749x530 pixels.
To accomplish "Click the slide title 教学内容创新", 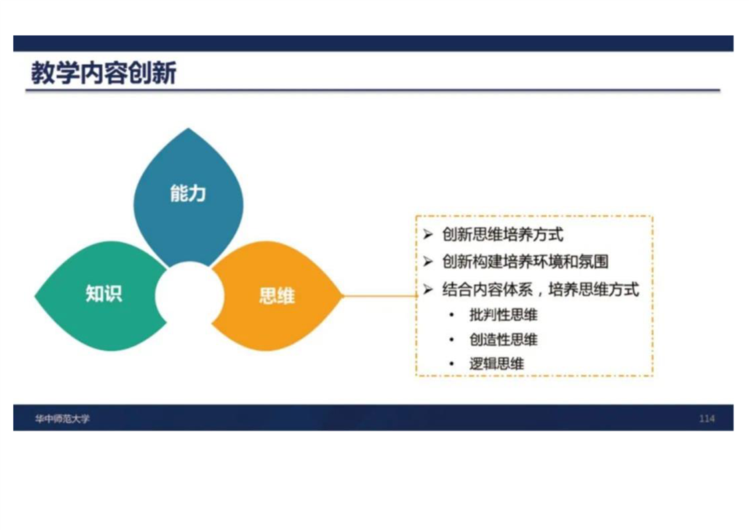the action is pyautogui.click(x=103, y=73).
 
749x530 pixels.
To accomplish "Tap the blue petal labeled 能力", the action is pyautogui.click(x=188, y=196).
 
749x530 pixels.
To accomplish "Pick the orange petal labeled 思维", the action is pyautogui.click(x=277, y=295).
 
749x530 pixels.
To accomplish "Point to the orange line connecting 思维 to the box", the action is pyautogui.click(x=381, y=296).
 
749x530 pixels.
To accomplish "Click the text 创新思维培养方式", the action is pyautogui.click(x=503, y=235).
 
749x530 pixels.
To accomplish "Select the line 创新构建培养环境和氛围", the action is pyautogui.click(x=525, y=261).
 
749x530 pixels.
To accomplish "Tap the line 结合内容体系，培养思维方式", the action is pyautogui.click(x=540, y=289).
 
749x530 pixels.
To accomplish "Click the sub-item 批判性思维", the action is pyautogui.click(x=503, y=315).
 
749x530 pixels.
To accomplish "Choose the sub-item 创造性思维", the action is pyautogui.click(x=503, y=340).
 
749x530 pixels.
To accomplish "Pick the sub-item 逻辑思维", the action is pyautogui.click(x=496, y=364).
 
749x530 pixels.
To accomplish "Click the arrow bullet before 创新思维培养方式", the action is pyautogui.click(x=427, y=235).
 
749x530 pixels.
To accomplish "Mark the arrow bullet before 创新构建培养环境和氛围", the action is pyautogui.click(x=427, y=261).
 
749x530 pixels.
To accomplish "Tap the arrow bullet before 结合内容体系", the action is pyautogui.click(x=427, y=289).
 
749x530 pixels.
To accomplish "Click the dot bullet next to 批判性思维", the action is pyautogui.click(x=451, y=315).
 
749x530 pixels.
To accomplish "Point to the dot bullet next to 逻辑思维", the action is pyautogui.click(x=451, y=364).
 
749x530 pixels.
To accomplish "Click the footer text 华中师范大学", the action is pyautogui.click(x=62, y=419).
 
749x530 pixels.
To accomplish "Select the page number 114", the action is pyautogui.click(x=706, y=419).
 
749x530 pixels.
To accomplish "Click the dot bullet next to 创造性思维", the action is pyautogui.click(x=451, y=340).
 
